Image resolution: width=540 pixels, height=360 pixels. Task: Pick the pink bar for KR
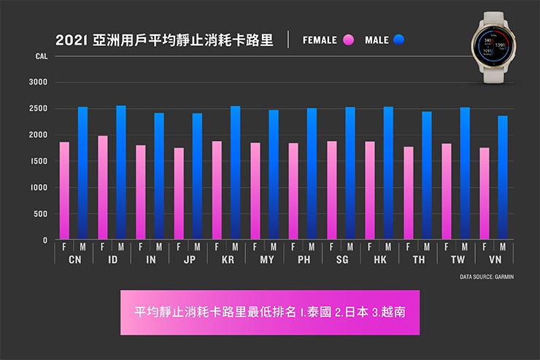217,190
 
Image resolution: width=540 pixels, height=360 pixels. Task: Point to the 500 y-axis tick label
42,214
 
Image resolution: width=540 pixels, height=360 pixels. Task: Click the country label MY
266,259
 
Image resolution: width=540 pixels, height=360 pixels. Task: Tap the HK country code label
379,259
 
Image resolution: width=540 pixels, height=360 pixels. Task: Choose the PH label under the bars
304,259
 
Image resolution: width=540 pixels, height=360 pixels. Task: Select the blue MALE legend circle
398,40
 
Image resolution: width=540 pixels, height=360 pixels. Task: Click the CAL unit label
40,56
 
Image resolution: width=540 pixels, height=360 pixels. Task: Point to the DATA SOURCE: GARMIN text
487,277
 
